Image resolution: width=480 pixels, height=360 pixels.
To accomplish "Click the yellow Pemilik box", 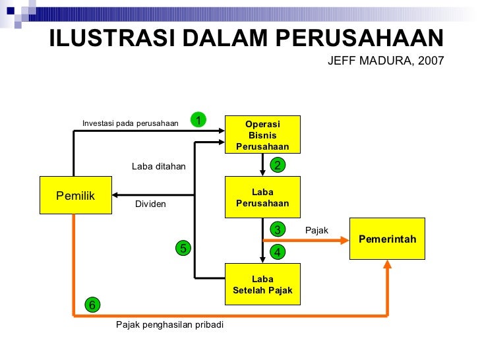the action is click(x=75, y=195).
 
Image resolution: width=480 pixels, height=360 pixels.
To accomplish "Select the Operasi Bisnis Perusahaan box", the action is click(x=262, y=135).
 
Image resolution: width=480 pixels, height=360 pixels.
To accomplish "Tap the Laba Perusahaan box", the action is click(x=262, y=197).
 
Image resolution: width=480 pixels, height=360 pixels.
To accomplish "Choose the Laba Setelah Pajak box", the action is click(x=262, y=284).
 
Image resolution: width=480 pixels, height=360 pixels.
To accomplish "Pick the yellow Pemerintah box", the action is click(x=387, y=239).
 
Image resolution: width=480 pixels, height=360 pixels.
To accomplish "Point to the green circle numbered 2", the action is click(x=278, y=165).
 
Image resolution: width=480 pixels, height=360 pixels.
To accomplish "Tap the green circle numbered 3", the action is click(x=278, y=229).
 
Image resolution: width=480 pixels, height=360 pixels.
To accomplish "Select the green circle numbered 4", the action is click(x=278, y=252).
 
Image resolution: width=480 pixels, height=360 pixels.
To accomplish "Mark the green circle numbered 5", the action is click(x=183, y=248).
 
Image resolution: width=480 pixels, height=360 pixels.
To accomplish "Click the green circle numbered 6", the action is click(x=92, y=305).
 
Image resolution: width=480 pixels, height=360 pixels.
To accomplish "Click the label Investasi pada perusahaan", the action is click(x=130, y=123).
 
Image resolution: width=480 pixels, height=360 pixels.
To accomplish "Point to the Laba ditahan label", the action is click(x=158, y=167).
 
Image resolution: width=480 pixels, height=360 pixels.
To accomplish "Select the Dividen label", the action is click(x=150, y=204).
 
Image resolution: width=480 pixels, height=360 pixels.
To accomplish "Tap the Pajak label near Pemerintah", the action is click(x=316, y=230).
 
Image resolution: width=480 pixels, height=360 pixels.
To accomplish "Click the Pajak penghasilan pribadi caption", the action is click(x=169, y=325).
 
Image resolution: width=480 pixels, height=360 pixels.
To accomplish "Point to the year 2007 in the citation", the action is click(x=433, y=61).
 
